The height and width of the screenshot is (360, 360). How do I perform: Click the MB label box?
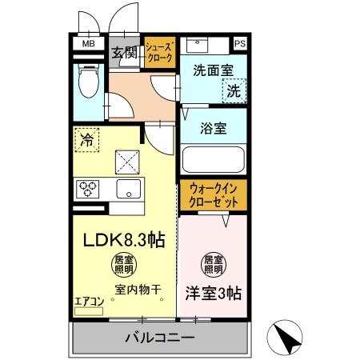90,45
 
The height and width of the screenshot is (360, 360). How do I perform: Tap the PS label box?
239,45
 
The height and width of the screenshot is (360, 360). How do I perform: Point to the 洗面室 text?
212,70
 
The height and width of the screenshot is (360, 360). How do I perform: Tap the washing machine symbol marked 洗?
234,91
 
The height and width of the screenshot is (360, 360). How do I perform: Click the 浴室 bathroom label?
212,126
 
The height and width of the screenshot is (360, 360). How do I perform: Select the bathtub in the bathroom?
214,158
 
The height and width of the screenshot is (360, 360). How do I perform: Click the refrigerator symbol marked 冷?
87,140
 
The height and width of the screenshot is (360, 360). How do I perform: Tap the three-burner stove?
87,189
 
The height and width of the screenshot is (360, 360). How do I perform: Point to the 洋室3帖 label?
213,292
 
